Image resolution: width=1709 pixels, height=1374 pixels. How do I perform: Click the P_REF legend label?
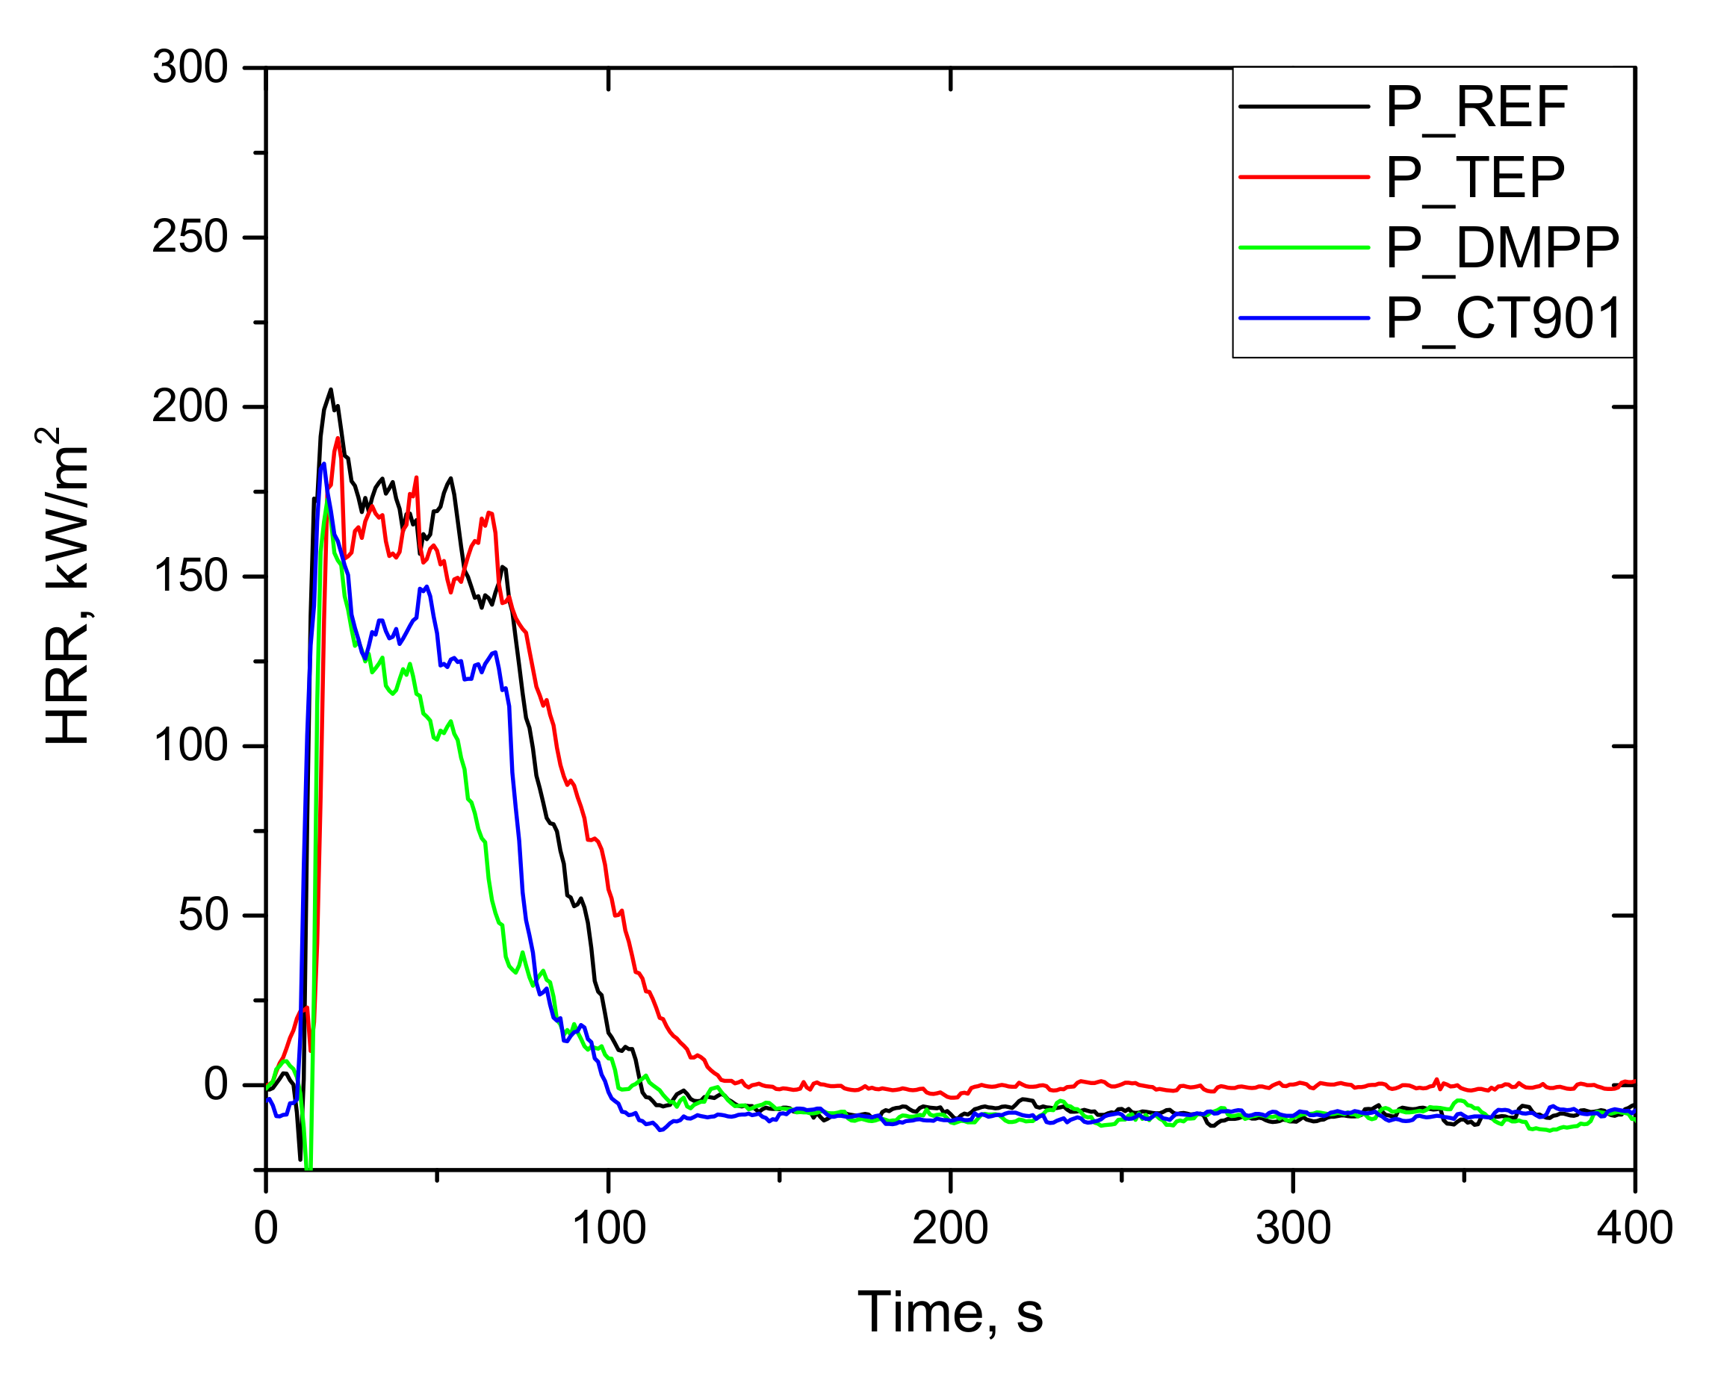(1476, 108)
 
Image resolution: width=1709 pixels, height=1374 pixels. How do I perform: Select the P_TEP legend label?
(1474, 178)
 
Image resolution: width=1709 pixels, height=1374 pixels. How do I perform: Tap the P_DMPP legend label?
(1502, 248)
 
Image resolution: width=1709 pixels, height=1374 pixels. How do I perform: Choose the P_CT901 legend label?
(1504, 319)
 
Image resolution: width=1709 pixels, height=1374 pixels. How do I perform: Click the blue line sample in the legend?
(1305, 319)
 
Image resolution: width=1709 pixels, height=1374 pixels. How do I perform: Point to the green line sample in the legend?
(1305, 248)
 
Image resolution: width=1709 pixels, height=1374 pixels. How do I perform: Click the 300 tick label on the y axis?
(190, 67)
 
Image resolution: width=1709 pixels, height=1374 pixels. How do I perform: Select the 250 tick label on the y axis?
(190, 237)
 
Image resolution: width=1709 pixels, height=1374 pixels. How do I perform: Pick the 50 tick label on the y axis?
(203, 916)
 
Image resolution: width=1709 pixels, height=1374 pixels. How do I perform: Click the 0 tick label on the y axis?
(216, 1085)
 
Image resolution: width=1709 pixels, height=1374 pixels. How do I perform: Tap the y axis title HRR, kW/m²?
(65, 586)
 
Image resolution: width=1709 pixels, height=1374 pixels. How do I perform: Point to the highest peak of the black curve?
(331, 390)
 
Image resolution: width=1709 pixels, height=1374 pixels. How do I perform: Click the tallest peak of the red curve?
(338, 438)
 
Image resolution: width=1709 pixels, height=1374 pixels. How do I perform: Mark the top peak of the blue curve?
(323, 464)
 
